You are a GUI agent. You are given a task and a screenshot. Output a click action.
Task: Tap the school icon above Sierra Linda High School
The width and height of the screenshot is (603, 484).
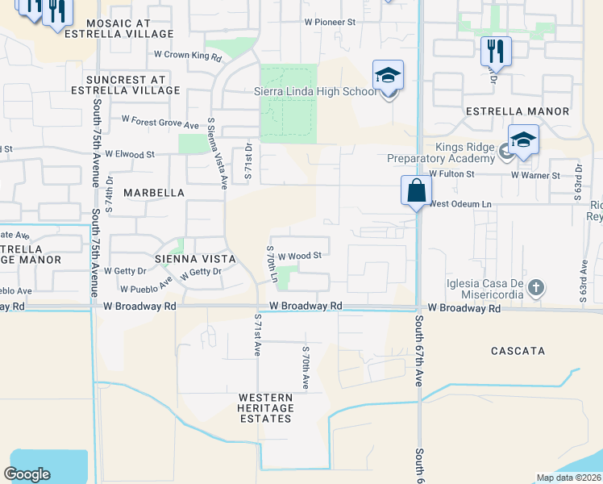pos(388,77)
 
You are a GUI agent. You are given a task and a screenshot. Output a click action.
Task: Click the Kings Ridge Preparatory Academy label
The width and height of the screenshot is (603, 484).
pos(462,152)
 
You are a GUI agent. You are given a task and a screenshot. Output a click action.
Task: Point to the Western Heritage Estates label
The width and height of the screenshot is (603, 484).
pos(265,408)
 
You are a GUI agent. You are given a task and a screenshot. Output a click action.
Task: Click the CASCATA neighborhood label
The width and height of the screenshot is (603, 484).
pos(518,351)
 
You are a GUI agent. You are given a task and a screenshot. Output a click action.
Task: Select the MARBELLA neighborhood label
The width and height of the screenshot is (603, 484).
pos(154,194)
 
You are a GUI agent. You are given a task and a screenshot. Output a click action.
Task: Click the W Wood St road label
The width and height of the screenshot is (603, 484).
pos(301,255)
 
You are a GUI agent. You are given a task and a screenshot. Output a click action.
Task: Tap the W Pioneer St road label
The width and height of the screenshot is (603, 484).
pos(323,23)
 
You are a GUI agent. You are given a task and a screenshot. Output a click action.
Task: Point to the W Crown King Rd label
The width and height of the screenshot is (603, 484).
pos(187,56)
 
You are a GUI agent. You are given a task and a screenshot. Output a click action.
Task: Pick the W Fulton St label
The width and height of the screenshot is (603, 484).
pos(450,173)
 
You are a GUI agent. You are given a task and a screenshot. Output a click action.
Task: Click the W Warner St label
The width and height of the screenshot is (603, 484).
pos(535,174)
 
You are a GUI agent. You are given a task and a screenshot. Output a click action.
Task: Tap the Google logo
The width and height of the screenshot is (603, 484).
pos(27,474)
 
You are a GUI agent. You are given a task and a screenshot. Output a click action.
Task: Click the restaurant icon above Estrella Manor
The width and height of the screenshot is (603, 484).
pos(496,52)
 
